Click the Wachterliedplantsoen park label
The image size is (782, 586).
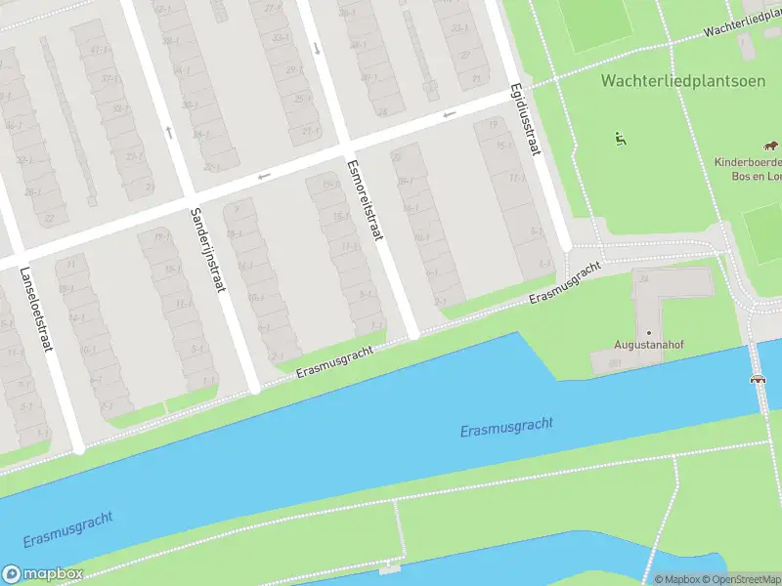684,79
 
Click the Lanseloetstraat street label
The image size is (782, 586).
32,312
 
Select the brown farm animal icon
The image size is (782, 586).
773,145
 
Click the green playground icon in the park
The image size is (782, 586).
620,139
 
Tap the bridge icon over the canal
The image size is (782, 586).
757,379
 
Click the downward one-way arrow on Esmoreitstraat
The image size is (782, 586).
316,48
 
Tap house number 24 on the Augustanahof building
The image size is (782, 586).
643,279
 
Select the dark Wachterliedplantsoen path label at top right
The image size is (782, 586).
743,25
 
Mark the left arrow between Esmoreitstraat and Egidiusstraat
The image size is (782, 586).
449,114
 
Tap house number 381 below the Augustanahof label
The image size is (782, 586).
616,364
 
